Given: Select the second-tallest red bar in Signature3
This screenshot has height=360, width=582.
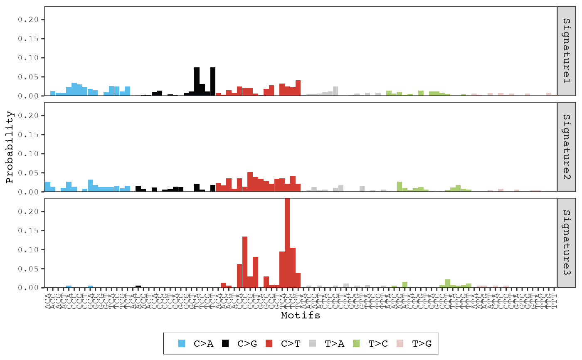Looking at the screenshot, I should point(245,262).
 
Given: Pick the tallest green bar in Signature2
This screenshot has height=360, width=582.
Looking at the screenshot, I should point(400,187).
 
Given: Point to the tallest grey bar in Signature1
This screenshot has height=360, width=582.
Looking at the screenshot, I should point(335,91).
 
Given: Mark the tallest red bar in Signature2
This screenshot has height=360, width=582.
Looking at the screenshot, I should point(250,182).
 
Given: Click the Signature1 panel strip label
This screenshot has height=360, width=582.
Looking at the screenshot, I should point(567,51).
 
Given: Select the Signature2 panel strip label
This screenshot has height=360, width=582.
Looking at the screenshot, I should point(567,147).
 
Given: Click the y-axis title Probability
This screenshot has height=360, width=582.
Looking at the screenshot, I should point(10,147).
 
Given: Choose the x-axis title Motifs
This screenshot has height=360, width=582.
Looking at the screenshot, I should point(301,316).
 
